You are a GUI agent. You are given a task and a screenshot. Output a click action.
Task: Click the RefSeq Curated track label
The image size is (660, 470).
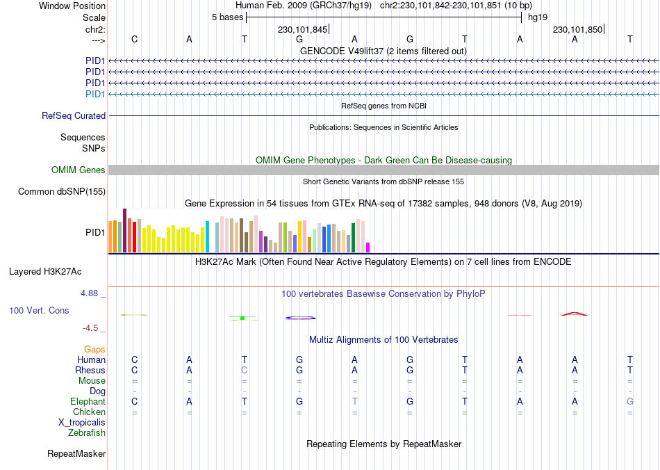[x=74, y=116]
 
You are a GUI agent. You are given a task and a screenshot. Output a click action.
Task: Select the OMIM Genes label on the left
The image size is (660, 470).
[x=79, y=170]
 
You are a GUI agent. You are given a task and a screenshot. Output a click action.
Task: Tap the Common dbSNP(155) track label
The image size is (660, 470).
[x=62, y=192]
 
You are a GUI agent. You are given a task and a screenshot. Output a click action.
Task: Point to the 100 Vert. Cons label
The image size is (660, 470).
[x=39, y=310]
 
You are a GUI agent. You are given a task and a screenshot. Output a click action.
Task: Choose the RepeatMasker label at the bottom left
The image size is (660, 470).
[x=76, y=454]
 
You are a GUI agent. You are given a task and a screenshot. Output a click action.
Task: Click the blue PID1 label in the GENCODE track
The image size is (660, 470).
[x=95, y=94]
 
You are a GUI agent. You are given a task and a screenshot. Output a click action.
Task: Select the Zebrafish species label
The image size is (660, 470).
[x=87, y=433]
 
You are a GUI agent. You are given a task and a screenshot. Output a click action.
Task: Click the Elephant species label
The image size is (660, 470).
[x=88, y=402]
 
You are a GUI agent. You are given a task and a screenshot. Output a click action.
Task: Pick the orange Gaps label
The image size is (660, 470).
[x=94, y=350]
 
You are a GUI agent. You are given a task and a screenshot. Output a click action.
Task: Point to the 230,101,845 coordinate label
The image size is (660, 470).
[x=302, y=30]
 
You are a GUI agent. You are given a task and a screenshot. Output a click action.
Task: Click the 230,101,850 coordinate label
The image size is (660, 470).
[x=577, y=30]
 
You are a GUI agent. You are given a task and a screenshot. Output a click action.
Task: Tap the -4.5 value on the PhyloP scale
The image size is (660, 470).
[x=91, y=328]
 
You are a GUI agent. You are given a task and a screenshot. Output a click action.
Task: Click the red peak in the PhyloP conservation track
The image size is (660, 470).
[x=575, y=314]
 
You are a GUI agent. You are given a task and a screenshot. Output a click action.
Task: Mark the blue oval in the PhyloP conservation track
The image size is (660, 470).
[x=300, y=318]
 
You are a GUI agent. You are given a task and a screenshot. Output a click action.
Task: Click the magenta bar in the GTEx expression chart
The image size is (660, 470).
[x=368, y=247]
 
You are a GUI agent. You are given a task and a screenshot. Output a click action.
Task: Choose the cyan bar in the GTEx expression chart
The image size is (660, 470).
[x=207, y=236]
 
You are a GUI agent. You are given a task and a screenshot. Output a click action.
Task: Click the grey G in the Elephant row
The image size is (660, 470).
[x=630, y=402]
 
